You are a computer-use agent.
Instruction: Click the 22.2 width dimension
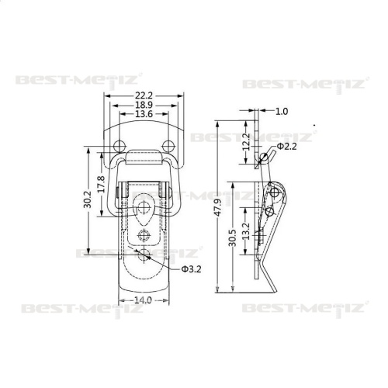(144, 95)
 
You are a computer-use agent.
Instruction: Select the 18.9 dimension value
(144, 105)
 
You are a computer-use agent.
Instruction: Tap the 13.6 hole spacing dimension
(144, 114)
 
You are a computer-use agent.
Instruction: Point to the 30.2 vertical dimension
(88, 199)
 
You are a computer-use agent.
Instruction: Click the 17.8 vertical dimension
(102, 184)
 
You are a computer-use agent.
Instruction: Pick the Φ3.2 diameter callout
(191, 269)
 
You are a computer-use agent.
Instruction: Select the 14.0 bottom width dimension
(143, 300)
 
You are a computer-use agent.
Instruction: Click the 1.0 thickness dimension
(282, 111)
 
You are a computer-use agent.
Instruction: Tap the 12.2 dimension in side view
(246, 142)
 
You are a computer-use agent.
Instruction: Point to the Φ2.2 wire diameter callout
(287, 147)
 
